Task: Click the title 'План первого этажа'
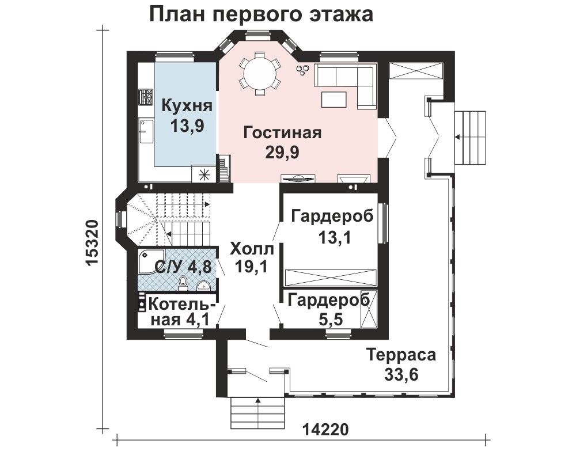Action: click(x=261, y=15)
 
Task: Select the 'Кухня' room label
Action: click(x=187, y=106)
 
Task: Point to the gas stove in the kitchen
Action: click(x=146, y=97)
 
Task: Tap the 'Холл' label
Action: click(x=252, y=249)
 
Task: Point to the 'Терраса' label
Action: click(x=401, y=355)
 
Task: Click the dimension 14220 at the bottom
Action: click(x=325, y=429)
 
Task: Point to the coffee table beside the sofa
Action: click(x=334, y=98)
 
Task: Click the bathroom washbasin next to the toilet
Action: click(x=203, y=284)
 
